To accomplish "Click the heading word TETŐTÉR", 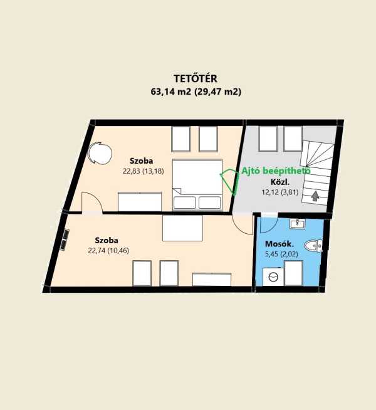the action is [196, 78].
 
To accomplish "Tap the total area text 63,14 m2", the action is [171, 92].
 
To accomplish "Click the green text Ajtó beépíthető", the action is [276, 171].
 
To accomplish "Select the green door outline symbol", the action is [231, 181].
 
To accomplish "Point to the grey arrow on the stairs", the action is [315, 196].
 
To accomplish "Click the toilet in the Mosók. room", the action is [313, 246].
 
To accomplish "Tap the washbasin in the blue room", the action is [297, 224].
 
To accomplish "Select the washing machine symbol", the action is [273, 276].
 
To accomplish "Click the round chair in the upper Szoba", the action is [100, 153].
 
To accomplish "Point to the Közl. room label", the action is [280, 182].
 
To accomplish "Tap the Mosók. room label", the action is [279, 244].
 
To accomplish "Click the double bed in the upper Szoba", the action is [197, 184].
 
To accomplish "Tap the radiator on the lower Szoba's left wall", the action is [65, 239].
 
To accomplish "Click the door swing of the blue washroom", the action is [269, 224].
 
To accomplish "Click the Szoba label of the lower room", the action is [107, 240].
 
